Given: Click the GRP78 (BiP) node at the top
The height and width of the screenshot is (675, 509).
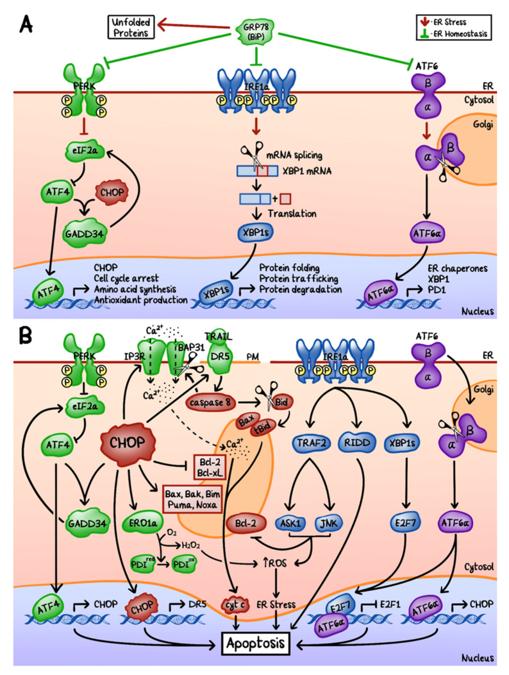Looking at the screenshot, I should pos(256,29).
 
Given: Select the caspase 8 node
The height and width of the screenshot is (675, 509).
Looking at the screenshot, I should pos(210,401).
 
